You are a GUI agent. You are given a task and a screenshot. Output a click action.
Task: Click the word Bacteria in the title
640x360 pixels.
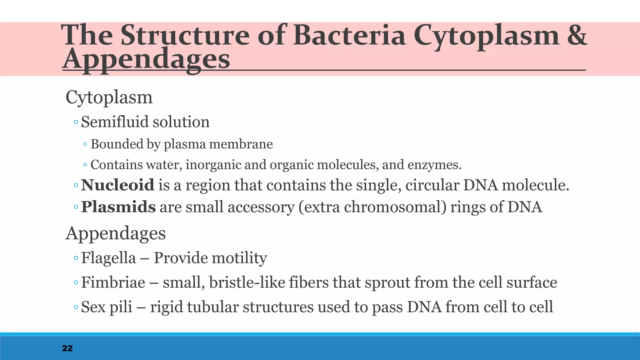coord(349,35)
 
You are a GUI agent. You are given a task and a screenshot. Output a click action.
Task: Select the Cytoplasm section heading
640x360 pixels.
coord(109,97)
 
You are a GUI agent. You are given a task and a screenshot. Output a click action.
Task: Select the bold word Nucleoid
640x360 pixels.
coord(117,185)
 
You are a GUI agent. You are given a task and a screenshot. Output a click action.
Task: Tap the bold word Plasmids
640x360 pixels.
coord(118,207)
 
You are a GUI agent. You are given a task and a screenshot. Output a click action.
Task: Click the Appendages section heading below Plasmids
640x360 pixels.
coord(115,233)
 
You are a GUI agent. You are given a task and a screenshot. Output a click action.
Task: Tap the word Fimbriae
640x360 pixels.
coord(113,282)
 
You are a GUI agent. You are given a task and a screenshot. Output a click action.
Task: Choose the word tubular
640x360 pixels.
coord(213,307)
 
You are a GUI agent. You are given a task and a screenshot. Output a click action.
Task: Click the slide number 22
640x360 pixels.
coord(67,348)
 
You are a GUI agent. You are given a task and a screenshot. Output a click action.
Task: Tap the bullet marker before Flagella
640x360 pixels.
coord(76,258)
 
